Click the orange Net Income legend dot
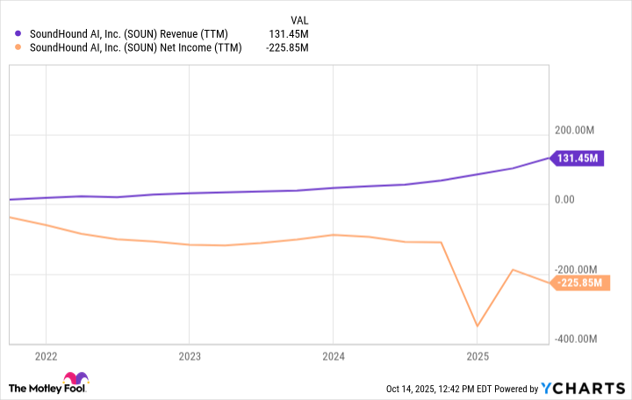click(18, 48)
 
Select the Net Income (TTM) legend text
click(133, 48)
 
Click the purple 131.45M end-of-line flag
click(578, 159)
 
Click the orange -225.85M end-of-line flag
click(580, 282)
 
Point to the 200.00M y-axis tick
click(575, 131)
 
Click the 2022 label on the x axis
click(46, 357)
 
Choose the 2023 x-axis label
click(190, 357)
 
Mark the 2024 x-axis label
click(333, 357)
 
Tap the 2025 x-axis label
click(477, 357)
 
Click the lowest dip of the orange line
click(477, 326)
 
